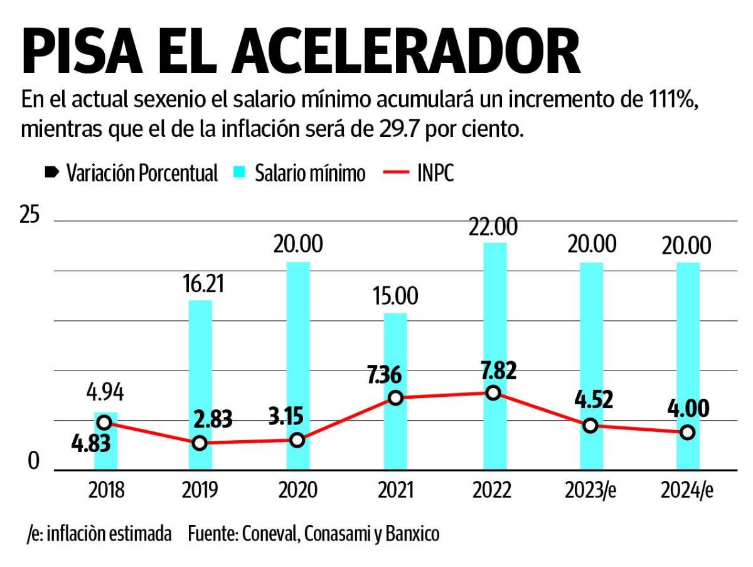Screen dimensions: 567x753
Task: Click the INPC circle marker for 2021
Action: [395, 397]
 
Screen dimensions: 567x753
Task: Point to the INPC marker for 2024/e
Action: [688, 432]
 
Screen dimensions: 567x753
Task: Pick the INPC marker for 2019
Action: [200, 443]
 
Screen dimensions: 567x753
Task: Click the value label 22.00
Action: [493, 227]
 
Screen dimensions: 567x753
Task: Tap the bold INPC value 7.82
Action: [493, 370]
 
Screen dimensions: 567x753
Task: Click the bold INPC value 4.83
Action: [90, 443]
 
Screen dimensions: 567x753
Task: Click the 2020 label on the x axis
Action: [298, 490]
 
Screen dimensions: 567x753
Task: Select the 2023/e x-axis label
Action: [590, 490]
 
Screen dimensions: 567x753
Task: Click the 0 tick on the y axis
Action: [33, 462]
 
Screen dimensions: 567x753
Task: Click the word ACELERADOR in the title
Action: [405, 52]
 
